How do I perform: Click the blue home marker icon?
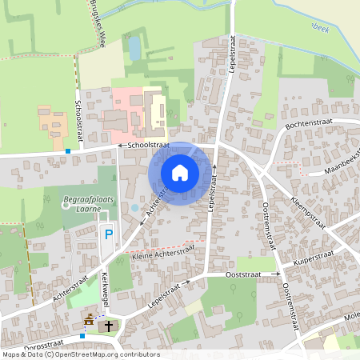[180, 172]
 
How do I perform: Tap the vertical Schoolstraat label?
[78, 120]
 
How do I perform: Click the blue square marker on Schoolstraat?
[68, 151]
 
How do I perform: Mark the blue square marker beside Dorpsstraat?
[82, 336]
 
